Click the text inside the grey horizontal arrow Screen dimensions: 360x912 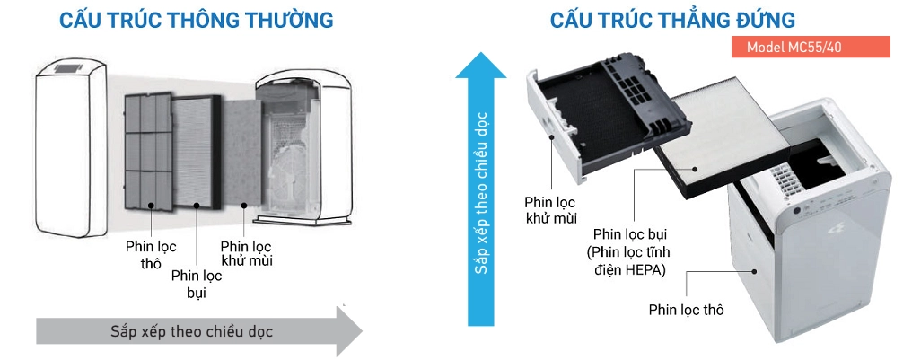click(x=192, y=330)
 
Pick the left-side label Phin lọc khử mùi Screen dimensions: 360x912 click(x=246, y=253)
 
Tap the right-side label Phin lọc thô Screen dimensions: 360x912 click(x=686, y=310)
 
